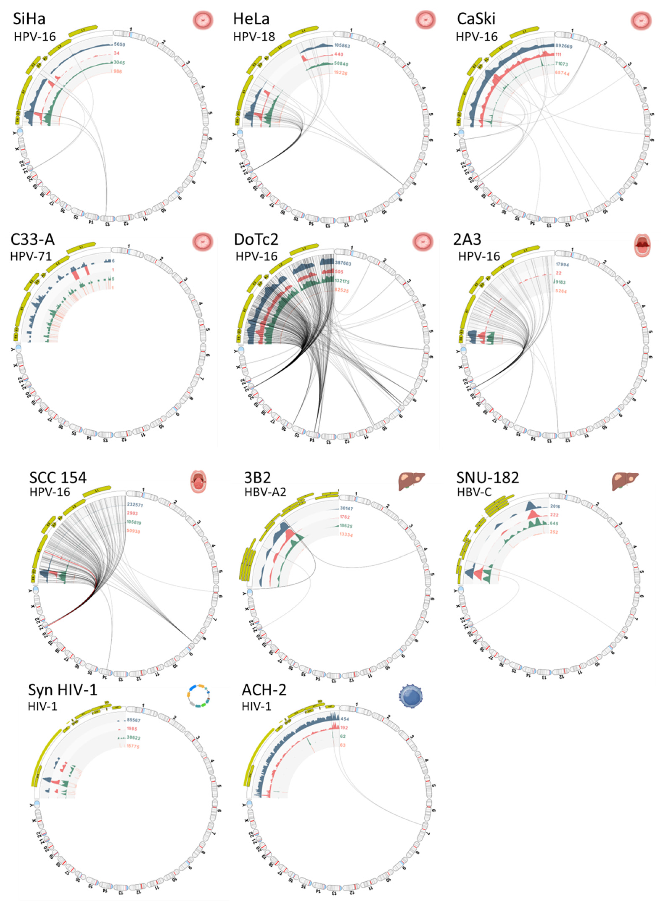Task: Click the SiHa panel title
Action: (29, 19)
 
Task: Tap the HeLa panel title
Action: (251, 19)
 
